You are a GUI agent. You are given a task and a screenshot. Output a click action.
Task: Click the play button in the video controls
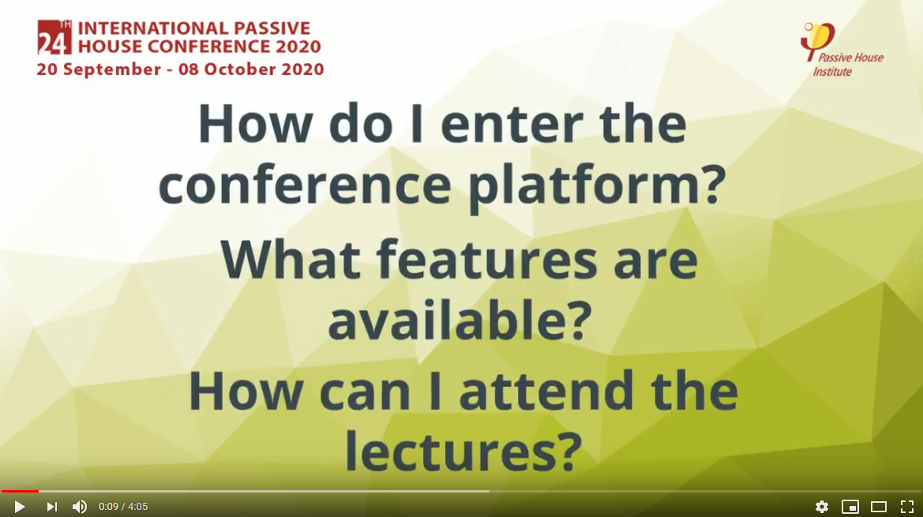[x=19, y=507]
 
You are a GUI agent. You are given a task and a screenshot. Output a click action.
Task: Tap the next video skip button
[x=52, y=507]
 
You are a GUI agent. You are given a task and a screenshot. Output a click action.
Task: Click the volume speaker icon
[x=80, y=507]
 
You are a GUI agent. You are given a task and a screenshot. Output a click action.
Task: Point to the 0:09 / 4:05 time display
[x=123, y=507]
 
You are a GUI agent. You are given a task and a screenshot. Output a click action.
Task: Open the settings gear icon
[x=822, y=507]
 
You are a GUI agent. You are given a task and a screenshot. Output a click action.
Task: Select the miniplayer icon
[x=850, y=507]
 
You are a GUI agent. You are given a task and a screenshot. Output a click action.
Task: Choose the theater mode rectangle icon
[x=879, y=507]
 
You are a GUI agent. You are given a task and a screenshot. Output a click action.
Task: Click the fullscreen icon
[x=907, y=507]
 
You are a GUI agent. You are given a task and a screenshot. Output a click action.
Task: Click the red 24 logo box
[x=54, y=37]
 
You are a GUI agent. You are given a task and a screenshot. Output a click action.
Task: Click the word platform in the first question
[x=597, y=185]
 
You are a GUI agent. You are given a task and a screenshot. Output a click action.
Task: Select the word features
[x=487, y=260]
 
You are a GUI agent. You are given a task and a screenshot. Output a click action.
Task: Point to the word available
[x=460, y=320]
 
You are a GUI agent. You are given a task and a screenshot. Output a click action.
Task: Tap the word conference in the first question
[x=305, y=185]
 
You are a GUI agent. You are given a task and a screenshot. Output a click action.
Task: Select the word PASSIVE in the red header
[x=272, y=28]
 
